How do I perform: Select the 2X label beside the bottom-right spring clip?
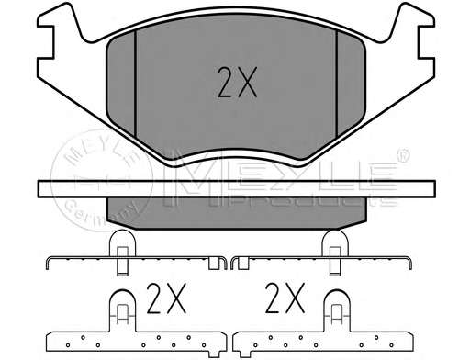click(283, 298)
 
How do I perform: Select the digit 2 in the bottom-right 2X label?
click(273, 298)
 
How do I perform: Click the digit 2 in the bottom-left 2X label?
click(154, 298)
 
